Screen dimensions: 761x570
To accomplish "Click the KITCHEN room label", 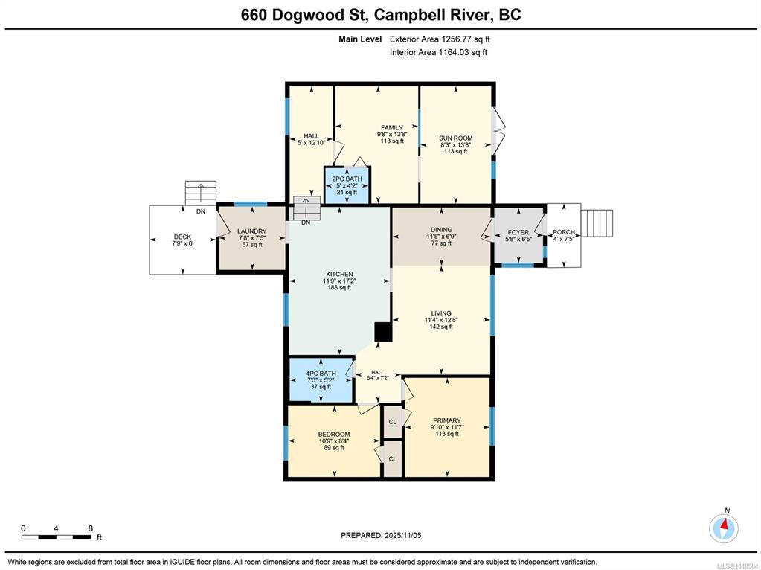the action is [x=339, y=275].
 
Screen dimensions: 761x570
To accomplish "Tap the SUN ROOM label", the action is [x=456, y=138].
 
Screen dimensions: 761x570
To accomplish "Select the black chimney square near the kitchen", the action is [x=383, y=333].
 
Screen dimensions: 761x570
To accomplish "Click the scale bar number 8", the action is [x=90, y=528].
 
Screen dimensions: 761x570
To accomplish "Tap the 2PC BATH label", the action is [x=347, y=179].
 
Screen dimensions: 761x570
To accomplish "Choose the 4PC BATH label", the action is [x=321, y=374].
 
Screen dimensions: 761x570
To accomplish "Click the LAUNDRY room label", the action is [x=252, y=231].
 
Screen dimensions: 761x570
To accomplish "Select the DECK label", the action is [x=182, y=237].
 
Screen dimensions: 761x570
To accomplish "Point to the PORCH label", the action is [x=564, y=232].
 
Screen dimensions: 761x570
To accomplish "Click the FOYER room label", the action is [x=518, y=233].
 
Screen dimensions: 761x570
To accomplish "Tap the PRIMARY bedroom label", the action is [x=447, y=420].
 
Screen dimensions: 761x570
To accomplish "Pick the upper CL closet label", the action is [x=393, y=422].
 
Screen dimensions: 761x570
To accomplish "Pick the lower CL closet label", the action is [x=393, y=459].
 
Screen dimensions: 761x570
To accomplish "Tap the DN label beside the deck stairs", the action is [x=200, y=211].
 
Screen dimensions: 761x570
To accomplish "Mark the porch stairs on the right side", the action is [x=597, y=223].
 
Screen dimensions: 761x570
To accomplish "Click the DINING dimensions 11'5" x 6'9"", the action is [x=441, y=237].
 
